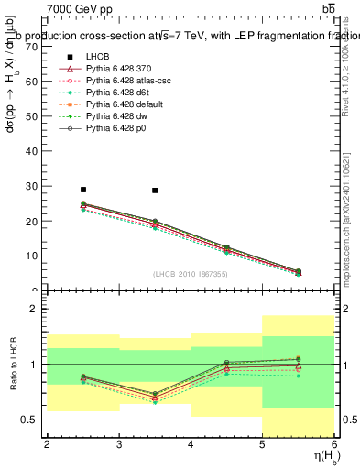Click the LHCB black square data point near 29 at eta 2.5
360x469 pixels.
[x=82, y=190]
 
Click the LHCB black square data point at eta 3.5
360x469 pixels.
[x=155, y=191]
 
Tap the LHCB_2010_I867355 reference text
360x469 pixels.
[x=190, y=274]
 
